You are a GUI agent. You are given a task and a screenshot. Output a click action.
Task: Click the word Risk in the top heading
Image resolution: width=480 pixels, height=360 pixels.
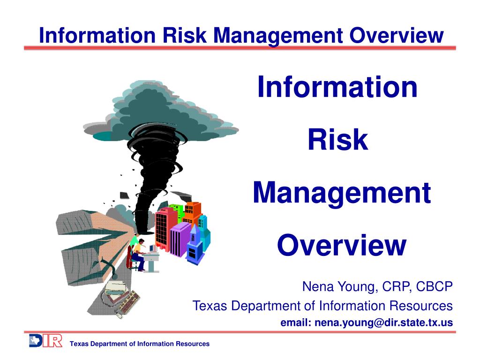coord(184,35)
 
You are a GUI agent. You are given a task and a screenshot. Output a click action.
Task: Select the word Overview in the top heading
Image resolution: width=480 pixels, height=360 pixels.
coord(397,35)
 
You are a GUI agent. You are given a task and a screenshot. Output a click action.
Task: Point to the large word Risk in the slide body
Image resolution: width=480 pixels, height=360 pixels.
coord(337,140)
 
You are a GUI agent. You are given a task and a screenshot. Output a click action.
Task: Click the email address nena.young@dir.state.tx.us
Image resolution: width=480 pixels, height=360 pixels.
coord(383,322)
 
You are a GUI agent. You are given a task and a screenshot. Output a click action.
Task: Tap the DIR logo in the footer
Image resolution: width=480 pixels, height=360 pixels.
coord(45,340)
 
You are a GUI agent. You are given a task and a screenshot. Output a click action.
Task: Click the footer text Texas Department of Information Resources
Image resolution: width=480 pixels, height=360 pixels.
coord(140,344)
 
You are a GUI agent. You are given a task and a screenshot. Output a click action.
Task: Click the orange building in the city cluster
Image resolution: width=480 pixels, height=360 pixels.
coord(192,213)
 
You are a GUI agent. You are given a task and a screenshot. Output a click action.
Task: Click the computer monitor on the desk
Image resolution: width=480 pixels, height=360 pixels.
coord(152,248)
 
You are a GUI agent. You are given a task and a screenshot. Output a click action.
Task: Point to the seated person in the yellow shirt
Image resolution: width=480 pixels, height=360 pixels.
coord(139,255)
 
